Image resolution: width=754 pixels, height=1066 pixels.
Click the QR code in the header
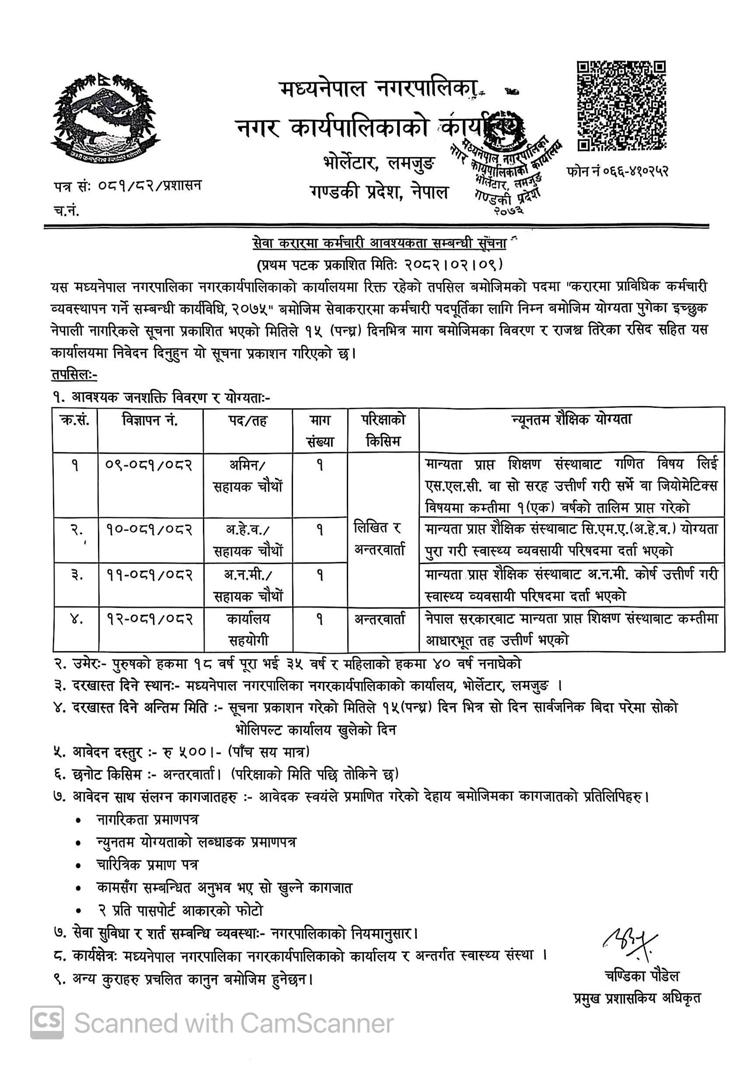[621, 106]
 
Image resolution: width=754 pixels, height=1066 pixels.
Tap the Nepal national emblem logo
[106, 120]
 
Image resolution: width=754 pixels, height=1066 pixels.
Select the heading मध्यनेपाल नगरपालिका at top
[378, 88]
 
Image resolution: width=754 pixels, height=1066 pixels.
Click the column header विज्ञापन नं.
[150, 421]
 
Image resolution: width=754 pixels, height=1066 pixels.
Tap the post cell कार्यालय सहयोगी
[248, 629]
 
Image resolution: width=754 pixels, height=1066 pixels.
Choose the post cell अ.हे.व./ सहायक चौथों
[248, 540]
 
